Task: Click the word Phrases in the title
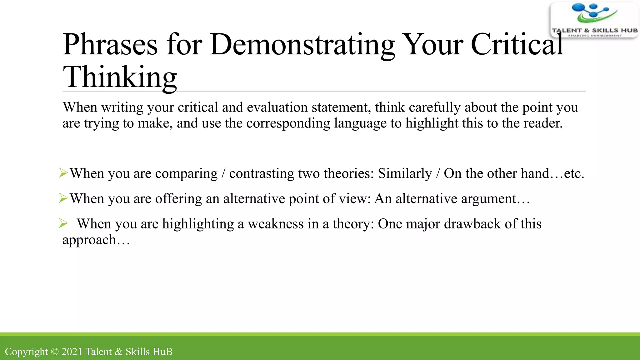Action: click(110, 45)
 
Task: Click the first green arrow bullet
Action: click(63, 173)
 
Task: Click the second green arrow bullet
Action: click(63, 198)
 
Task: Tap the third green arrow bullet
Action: click(63, 223)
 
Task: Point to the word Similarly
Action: click(405, 173)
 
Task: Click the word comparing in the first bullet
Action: click(186, 174)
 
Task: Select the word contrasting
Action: click(262, 174)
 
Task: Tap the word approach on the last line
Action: click(89, 240)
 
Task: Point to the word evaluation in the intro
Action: click(277, 107)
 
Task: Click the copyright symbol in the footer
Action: click(55, 352)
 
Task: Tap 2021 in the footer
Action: click(72, 352)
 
